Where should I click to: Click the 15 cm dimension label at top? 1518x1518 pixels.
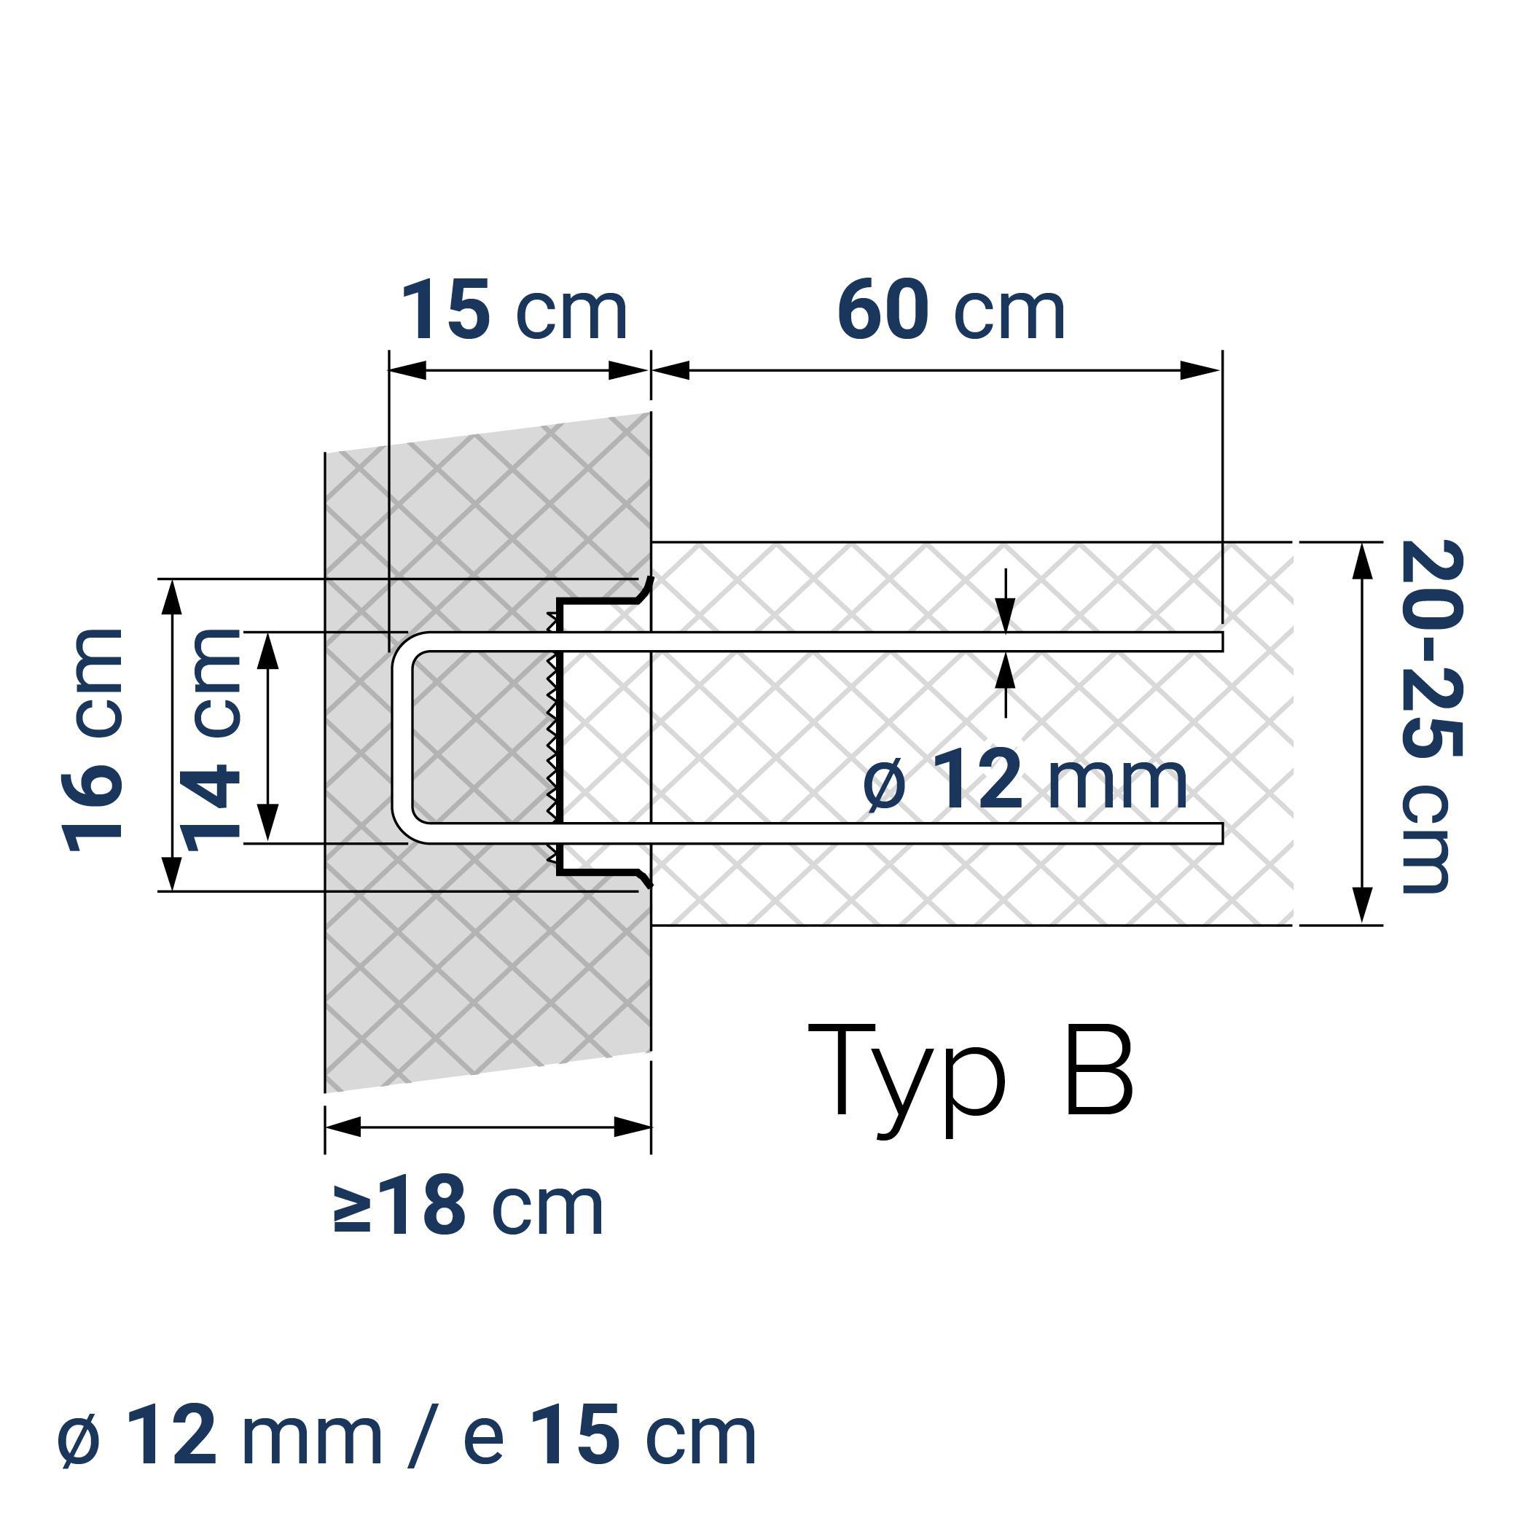[x=515, y=311]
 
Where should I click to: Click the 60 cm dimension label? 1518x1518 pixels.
[x=951, y=311]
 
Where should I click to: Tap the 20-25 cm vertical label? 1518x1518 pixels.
[x=1431, y=716]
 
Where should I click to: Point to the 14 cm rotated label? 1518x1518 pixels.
[x=211, y=740]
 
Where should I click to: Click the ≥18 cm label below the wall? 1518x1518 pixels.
[x=469, y=1206]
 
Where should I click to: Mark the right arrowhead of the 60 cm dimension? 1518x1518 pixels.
[x=1202, y=370]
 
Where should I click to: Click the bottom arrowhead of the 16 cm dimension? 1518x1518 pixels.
[x=172, y=874]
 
